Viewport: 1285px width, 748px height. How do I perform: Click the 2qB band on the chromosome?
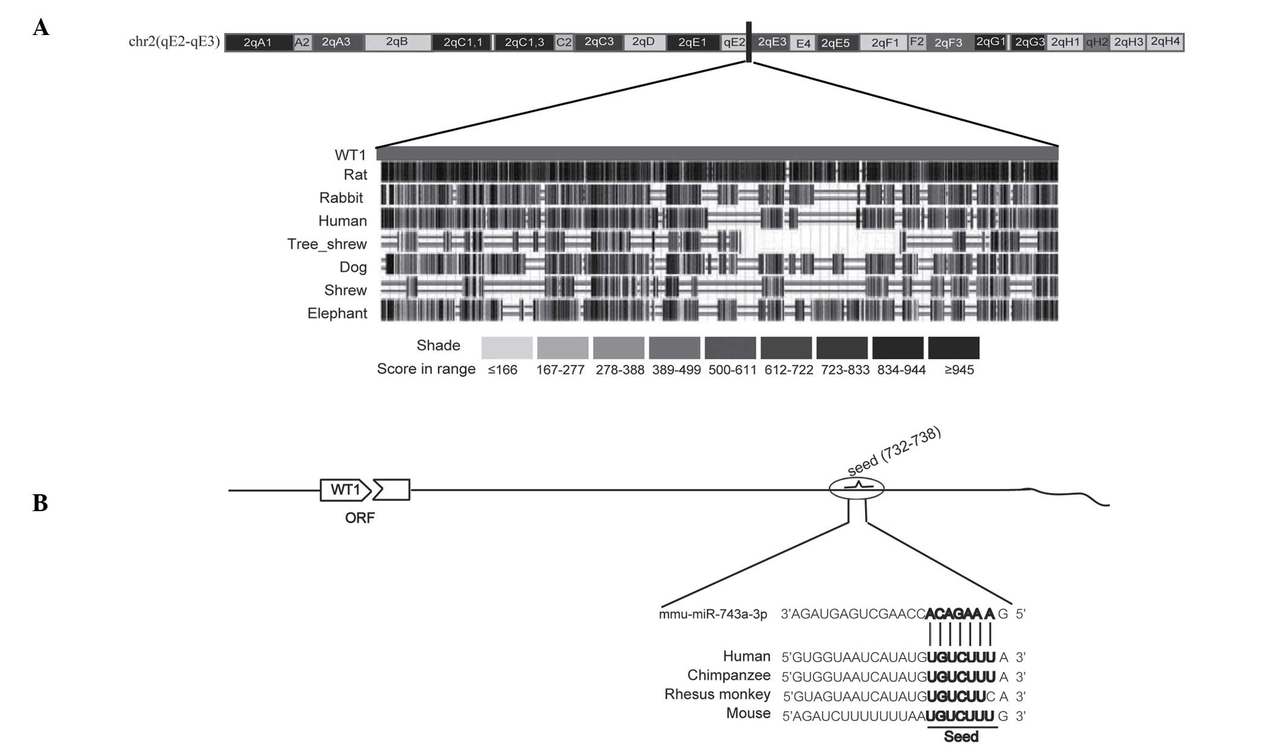(397, 42)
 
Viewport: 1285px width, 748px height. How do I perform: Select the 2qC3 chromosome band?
(598, 42)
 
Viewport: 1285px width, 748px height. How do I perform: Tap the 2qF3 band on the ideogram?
(948, 43)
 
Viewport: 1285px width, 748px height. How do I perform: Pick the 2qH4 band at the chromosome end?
(1165, 42)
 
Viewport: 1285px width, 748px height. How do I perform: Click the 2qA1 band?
(258, 43)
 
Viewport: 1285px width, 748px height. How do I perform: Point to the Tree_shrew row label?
(327, 244)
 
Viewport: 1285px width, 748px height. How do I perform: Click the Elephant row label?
(337, 313)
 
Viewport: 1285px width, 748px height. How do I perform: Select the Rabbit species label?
(341, 198)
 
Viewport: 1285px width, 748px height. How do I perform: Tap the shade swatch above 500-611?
(730, 348)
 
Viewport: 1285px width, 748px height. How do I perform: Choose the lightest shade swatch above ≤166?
(507, 348)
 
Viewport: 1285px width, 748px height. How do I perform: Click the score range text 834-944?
(901, 370)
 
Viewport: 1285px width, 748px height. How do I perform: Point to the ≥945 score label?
(959, 370)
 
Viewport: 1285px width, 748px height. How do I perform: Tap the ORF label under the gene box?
(360, 518)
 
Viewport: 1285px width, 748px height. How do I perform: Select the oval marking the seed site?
(856, 488)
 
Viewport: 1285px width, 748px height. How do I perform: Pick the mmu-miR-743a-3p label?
(713, 614)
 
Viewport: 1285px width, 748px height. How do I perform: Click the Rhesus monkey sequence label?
(717, 694)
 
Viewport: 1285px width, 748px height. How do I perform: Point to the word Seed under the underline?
(961, 737)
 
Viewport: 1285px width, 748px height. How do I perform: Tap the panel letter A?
(41, 27)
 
